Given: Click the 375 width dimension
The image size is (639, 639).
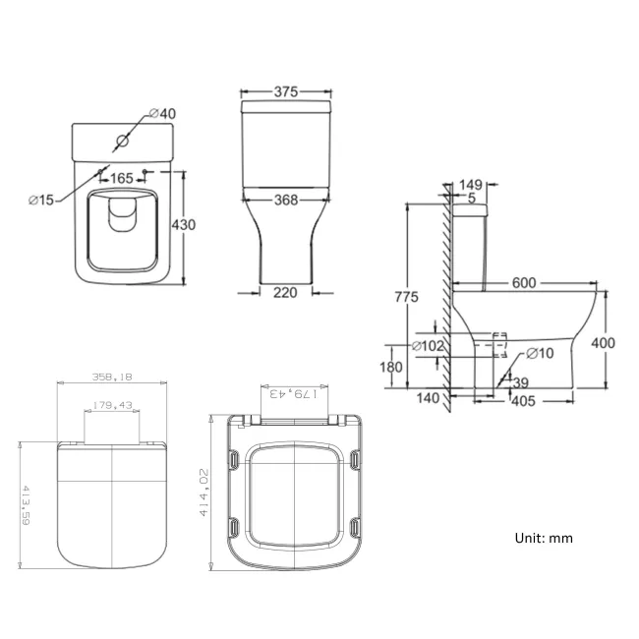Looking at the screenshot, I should (x=285, y=92).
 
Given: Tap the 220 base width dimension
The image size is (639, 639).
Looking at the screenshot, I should (x=285, y=292).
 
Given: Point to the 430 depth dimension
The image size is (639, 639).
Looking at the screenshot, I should (x=184, y=225).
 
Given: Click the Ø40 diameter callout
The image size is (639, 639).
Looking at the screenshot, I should (x=166, y=115).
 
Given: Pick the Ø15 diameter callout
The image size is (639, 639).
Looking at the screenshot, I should (x=41, y=201).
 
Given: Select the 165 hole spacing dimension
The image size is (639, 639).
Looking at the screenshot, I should (x=122, y=179).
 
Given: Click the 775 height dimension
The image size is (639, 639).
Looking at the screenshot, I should (x=407, y=297).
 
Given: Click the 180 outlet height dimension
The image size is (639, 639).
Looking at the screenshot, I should (x=391, y=368).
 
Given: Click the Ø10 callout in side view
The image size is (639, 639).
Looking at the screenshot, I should (x=540, y=353).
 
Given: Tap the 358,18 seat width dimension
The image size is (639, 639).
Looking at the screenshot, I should (x=113, y=377).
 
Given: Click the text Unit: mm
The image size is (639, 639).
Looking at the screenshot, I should (x=543, y=538).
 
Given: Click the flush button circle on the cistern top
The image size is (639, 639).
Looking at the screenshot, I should (x=122, y=141).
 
